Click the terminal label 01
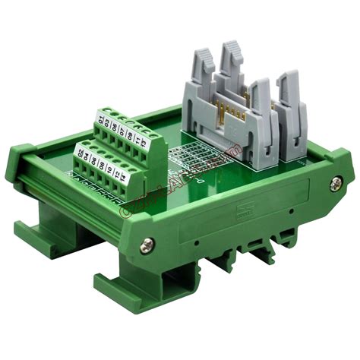click(100, 119)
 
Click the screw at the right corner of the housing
click(335, 182)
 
